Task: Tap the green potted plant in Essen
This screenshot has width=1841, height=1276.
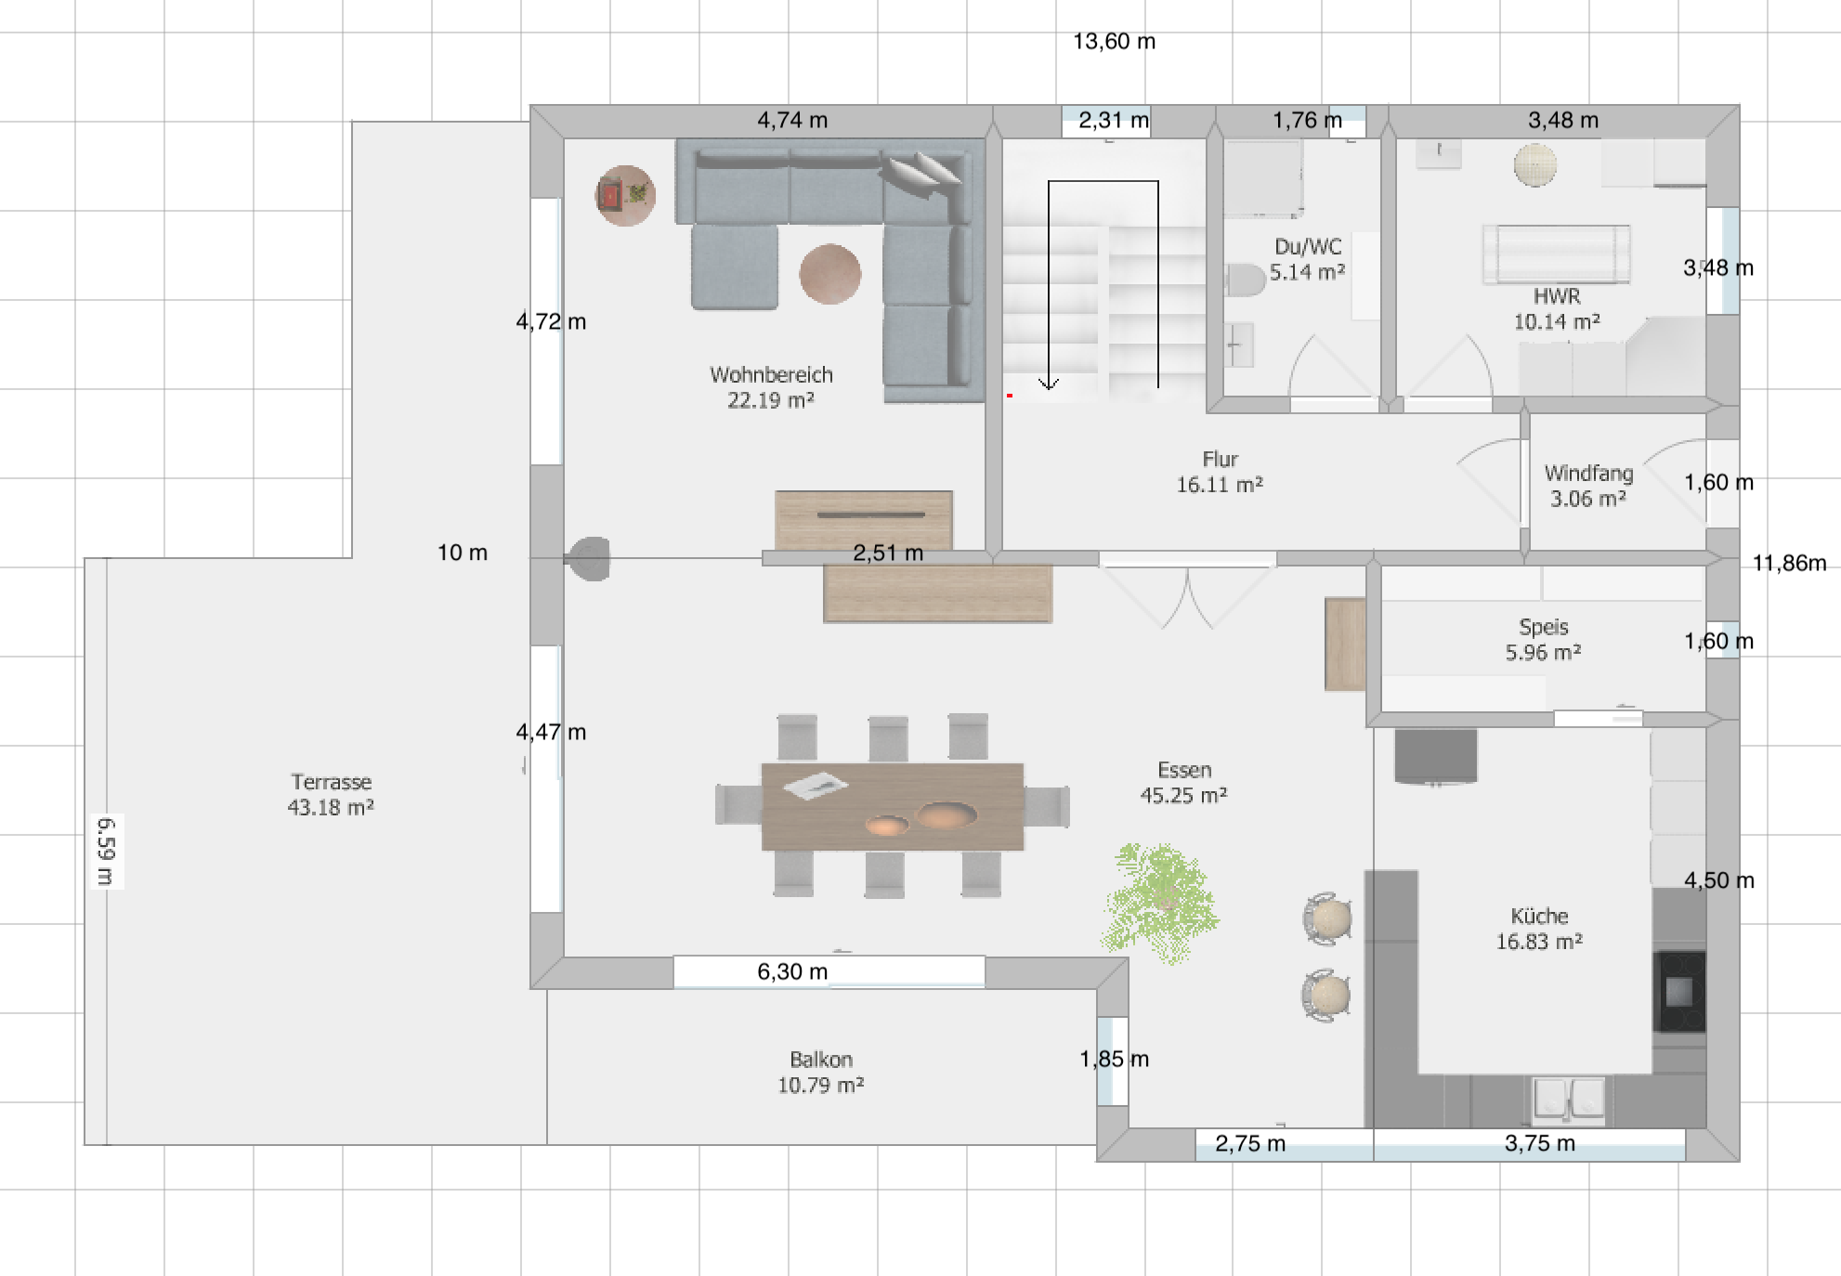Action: pyautogui.click(x=1160, y=902)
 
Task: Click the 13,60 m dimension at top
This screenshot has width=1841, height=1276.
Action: pyautogui.click(x=1114, y=42)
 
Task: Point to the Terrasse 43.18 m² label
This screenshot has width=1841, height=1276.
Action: pyautogui.click(x=331, y=795)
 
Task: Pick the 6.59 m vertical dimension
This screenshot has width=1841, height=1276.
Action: pyautogui.click(x=105, y=852)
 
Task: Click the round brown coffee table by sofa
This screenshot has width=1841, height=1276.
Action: pyautogui.click(x=829, y=274)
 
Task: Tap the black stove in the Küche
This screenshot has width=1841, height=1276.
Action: pyautogui.click(x=1679, y=992)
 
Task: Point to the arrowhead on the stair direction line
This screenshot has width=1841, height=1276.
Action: pyautogui.click(x=1049, y=384)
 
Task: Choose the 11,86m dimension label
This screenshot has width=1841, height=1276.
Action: pyautogui.click(x=1789, y=563)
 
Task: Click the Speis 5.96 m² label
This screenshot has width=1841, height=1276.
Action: pyautogui.click(x=1543, y=640)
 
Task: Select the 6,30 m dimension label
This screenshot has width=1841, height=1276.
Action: pyautogui.click(x=792, y=971)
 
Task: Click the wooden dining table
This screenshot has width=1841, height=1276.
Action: pyautogui.click(x=893, y=807)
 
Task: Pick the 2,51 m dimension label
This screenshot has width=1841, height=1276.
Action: pyautogui.click(x=888, y=553)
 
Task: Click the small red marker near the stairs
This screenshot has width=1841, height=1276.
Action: pyautogui.click(x=1010, y=396)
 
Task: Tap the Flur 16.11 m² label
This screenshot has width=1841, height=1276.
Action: pyautogui.click(x=1220, y=472)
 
